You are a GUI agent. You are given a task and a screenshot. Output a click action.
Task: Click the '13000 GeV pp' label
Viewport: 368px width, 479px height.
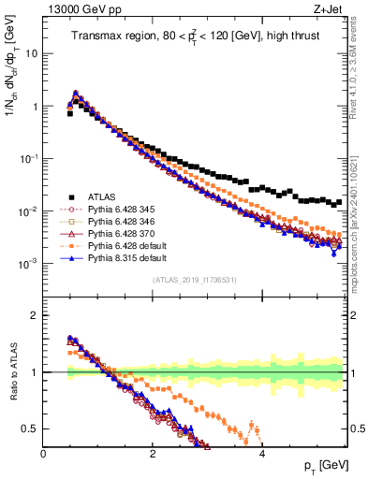pyautogui.click(x=75, y=8)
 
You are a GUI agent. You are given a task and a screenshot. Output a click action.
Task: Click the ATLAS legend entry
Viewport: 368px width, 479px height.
pyautogui.click(x=105, y=196)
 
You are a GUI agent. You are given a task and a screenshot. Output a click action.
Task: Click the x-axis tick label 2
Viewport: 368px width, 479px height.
pyautogui.click(x=153, y=454)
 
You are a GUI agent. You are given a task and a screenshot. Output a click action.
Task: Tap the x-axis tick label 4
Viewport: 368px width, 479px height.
pyautogui.click(x=262, y=454)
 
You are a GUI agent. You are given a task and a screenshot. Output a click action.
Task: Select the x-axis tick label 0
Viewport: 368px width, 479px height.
pyautogui.click(x=44, y=454)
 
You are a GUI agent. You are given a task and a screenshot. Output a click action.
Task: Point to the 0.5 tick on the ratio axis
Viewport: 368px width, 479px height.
pyautogui.click(x=32, y=428)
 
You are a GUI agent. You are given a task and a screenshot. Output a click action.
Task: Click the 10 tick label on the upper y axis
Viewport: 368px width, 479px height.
pyautogui.click(x=31, y=53)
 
